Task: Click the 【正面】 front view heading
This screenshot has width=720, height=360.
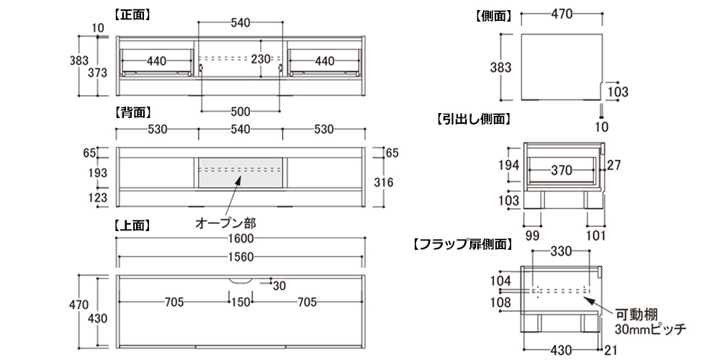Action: [x=132, y=14]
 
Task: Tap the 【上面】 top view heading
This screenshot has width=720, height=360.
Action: [x=132, y=225]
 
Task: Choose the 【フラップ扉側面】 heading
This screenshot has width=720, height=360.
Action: [x=462, y=243]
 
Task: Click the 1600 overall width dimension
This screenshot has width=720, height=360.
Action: [x=240, y=240]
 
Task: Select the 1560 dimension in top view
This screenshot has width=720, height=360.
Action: [x=240, y=257]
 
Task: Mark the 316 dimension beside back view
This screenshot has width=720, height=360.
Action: [x=384, y=182]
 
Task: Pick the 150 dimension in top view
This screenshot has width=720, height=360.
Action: [x=240, y=302]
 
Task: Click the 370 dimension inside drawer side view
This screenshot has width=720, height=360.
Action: [x=561, y=171]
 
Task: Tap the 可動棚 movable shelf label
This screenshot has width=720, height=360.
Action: [x=633, y=315]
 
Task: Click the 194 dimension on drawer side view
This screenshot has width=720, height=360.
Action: [x=508, y=165]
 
